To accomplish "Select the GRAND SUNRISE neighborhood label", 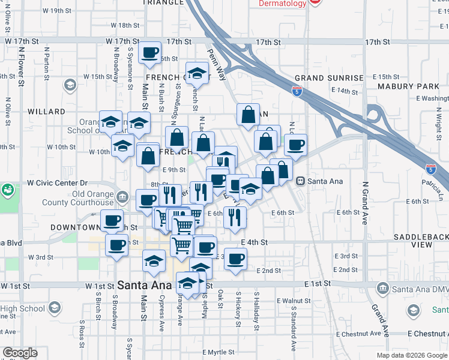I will point(329,78).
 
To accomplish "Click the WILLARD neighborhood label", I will point(46,112).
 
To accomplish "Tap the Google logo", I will point(20,353).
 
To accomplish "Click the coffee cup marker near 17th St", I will point(149,52).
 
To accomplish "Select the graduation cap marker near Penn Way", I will point(196,74).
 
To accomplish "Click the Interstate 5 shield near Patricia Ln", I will point(430,169).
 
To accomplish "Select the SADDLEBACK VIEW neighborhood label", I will point(421,241).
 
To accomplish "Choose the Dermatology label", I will point(282,4).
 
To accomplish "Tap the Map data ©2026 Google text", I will point(411,355).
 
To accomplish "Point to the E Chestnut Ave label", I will point(427,333).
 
